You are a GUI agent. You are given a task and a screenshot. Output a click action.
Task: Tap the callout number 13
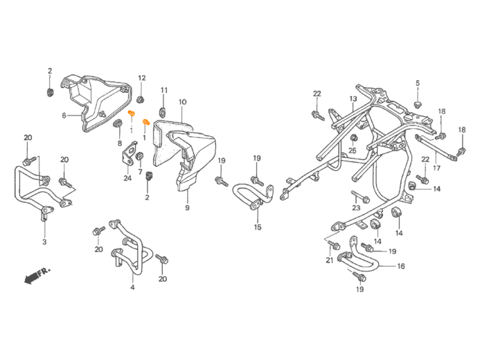353,99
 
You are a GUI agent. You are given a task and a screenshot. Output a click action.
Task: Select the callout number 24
127,178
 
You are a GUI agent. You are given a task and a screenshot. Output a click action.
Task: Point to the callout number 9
187,208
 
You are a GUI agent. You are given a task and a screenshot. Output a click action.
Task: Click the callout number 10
182,102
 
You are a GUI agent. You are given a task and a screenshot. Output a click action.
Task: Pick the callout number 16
401,267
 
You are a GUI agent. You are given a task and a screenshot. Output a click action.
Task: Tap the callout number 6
64,116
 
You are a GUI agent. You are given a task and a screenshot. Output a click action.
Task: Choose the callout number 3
44,242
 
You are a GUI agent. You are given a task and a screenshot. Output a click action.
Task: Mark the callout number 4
132,287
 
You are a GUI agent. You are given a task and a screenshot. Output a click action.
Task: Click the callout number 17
436,168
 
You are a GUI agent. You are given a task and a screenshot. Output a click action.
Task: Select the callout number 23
356,208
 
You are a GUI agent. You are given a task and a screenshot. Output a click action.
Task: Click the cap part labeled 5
417,105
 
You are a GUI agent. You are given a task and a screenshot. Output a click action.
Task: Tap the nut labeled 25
353,138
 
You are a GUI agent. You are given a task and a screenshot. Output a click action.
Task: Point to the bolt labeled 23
361,197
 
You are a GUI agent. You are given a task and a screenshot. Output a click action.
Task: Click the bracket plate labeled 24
127,155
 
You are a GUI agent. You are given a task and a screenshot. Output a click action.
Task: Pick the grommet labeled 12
141,100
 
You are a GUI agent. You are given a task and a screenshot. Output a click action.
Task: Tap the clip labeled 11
163,112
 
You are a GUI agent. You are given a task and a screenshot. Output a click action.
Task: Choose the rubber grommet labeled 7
140,156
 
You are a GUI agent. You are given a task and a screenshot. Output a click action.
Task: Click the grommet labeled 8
117,124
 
